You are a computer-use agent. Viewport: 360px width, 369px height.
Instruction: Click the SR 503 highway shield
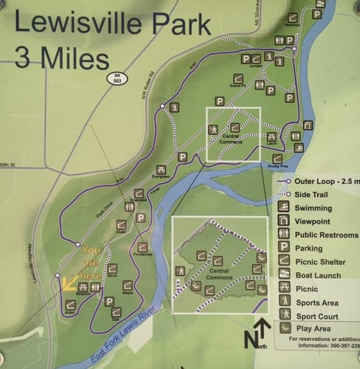(117, 77)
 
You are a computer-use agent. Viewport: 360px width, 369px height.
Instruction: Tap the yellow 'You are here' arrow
(71, 282)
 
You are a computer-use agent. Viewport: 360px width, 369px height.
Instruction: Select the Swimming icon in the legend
(283, 207)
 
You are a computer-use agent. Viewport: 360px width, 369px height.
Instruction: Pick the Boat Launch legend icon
(283, 275)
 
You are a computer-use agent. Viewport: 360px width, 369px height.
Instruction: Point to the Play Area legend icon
(283, 328)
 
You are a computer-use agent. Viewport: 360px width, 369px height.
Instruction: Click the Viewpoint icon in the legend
(283, 221)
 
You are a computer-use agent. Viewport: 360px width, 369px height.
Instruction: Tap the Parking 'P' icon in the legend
(283, 248)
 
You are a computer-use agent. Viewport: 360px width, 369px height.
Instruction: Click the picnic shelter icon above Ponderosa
(142, 247)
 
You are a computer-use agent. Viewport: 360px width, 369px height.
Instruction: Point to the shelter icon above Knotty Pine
(277, 159)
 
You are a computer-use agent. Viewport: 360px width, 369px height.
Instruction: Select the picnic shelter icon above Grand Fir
(238, 78)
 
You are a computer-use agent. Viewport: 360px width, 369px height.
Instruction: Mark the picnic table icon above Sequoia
(83, 286)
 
